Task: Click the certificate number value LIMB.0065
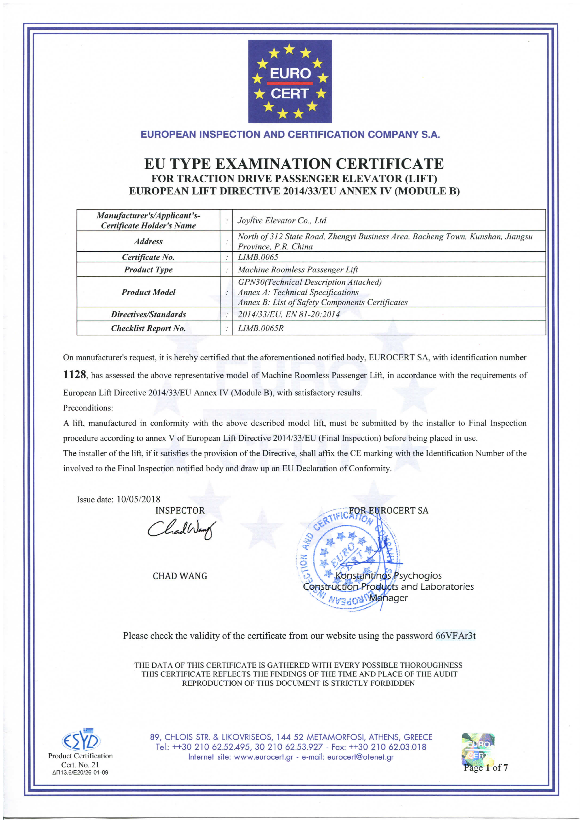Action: pyautogui.click(x=258, y=257)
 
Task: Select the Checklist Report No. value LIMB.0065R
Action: pyautogui.click(x=261, y=328)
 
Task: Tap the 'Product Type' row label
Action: pyautogui.click(x=148, y=270)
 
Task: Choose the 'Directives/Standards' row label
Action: pyautogui.click(x=148, y=314)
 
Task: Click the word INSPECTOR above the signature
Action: pyautogui.click(x=180, y=511)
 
